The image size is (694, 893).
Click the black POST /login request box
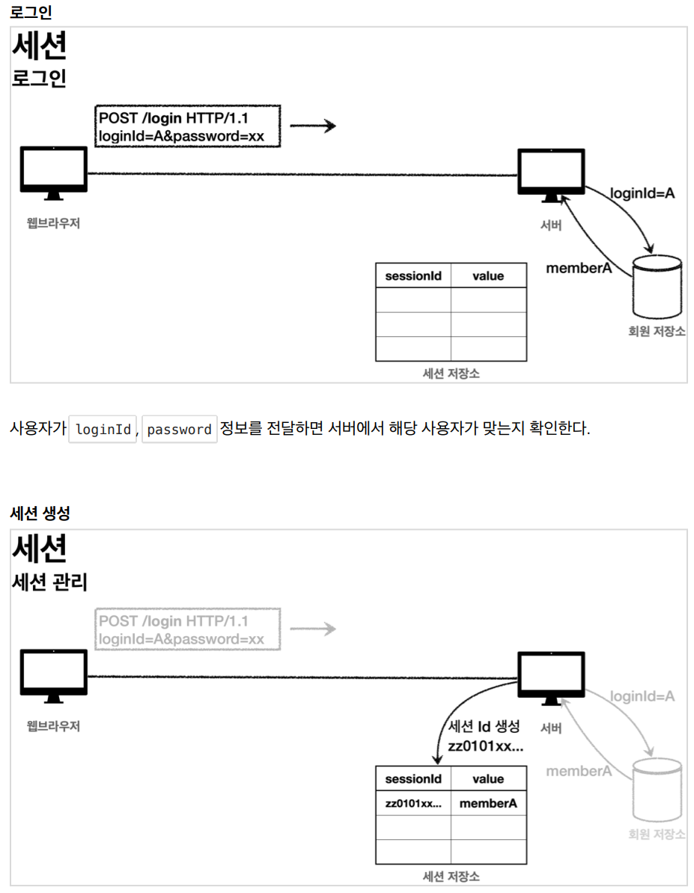188,127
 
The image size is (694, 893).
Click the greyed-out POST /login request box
188,630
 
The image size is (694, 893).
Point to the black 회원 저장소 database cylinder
657,287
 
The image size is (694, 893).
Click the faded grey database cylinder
657,790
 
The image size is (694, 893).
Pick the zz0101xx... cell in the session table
413,804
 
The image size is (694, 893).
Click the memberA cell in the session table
488,804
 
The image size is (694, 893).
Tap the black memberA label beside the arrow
579,268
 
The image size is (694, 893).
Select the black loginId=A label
642,193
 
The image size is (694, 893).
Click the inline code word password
180,430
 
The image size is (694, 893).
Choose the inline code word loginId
103,430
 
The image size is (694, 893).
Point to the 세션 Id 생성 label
484,726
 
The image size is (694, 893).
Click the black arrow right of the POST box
313,127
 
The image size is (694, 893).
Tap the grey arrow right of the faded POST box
313,629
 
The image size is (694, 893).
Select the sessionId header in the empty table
413,276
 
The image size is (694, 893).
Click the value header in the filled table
488,779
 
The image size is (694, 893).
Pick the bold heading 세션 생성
40,513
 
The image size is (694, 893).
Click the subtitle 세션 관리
49,582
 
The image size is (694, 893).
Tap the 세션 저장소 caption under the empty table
451,374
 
